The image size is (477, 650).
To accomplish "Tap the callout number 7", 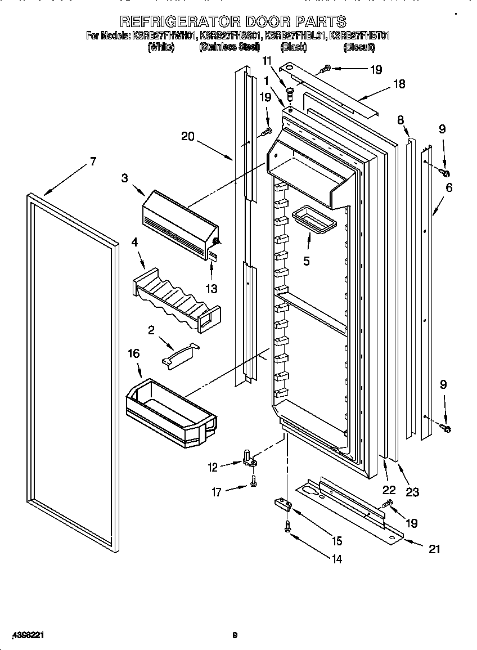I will click(x=92, y=162).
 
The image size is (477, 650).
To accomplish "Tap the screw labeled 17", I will click(x=254, y=480).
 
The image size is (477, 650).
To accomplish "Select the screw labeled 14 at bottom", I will click(x=288, y=526).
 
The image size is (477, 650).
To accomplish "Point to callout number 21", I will click(x=434, y=549).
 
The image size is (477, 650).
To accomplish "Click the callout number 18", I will click(x=399, y=84).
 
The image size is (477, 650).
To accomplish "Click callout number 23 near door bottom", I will click(x=412, y=492).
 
